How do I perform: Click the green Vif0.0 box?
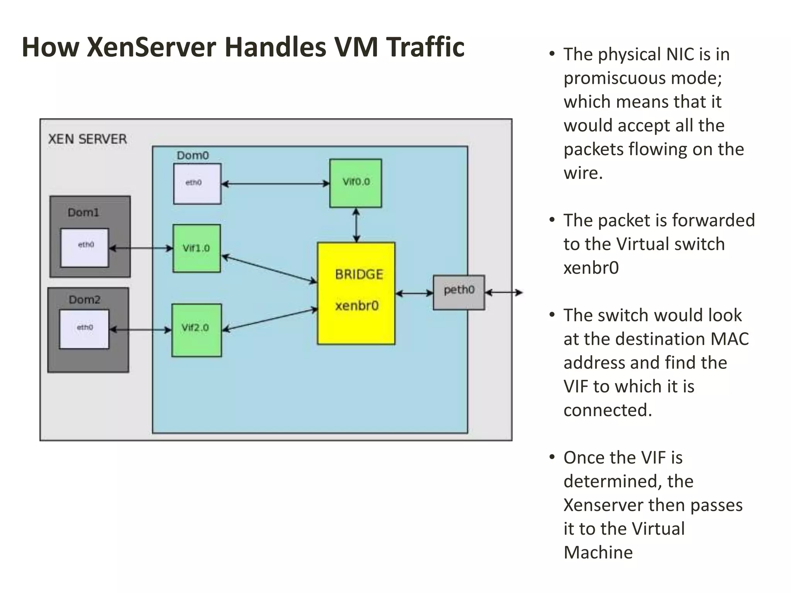pyautogui.click(x=355, y=183)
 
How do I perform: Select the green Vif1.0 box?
pyautogui.click(x=197, y=248)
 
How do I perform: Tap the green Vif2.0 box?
pyautogui.click(x=196, y=330)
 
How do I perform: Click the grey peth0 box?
pyautogui.click(x=458, y=292)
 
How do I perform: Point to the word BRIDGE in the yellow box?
pyautogui.click(x=359, y=274)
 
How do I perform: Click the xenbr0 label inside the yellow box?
pyautogui.click(x=356, y=306)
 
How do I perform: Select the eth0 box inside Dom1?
pyautogui.click(x=85, y=247)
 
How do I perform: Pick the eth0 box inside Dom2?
pyautogui.click(x=84, y=329)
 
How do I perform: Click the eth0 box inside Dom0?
pyautogui.click(x=197, y=183)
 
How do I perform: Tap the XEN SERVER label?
pyautogui.click(x=87, y=139)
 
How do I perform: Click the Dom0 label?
pyautogui.click(x=192, y=156)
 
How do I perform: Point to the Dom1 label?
pyautogui.click(x=83, y=213)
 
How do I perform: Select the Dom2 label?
pyautogui.click(x=84, y=300)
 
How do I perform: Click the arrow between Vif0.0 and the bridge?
pyautogui.click(x=356, y=225)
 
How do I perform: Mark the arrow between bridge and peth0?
pyautogui.click(x=414, y=294)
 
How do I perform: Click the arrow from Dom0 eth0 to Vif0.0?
pyautogui.click(x=275, y=184)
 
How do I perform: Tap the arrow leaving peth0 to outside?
pyautogui.click(x=504, y=293)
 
